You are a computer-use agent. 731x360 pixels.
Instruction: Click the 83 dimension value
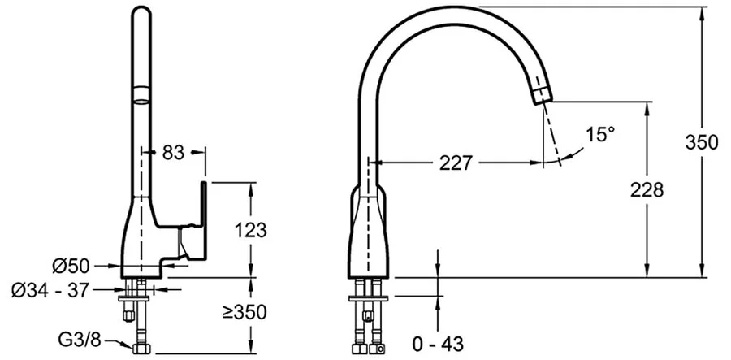(x=174, y=153)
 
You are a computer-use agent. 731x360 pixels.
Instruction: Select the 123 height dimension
(x=251, y=230)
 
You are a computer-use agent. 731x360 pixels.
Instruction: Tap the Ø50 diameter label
(x=71, y=266)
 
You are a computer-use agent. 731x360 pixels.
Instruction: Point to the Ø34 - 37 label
(x=50, y=290)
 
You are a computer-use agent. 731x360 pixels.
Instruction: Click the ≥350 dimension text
(x=244, y=312)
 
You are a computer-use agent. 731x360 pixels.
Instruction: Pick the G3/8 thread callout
(x=80, y=340)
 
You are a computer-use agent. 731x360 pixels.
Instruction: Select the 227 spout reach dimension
(x=456, y=163)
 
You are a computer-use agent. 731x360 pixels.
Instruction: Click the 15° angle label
(x=600, y=135)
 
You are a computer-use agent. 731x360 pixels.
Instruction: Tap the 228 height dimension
(x=647, y=190)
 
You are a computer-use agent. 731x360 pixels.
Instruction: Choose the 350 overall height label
(x=702, y=142)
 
